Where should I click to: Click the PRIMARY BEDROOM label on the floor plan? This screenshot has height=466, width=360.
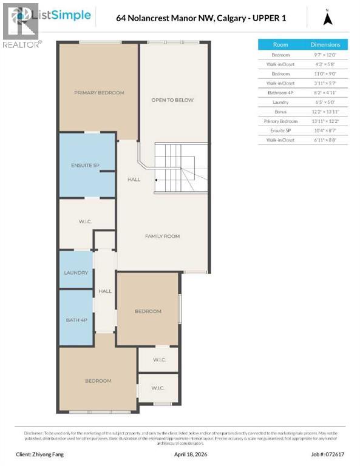coord(99,93)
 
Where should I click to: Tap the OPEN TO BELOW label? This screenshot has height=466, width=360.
coord(172,100)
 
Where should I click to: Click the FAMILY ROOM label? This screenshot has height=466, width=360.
coord(162,236)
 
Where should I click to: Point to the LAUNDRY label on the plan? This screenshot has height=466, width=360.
coord(76,273)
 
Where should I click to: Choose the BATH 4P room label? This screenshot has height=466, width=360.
coord(76,320)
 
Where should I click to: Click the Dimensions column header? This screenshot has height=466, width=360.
coord(325,44)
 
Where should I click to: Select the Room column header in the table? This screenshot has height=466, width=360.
coord(280,44)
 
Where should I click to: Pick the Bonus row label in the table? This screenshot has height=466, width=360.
coord(280,112)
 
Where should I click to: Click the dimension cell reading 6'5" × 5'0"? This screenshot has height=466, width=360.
coord(325,103)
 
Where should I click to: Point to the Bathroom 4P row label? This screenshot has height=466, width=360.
coord(280,93)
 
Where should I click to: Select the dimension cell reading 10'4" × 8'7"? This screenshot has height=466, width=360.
coord(325,131)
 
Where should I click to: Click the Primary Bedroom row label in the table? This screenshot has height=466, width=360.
coord(280,121)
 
